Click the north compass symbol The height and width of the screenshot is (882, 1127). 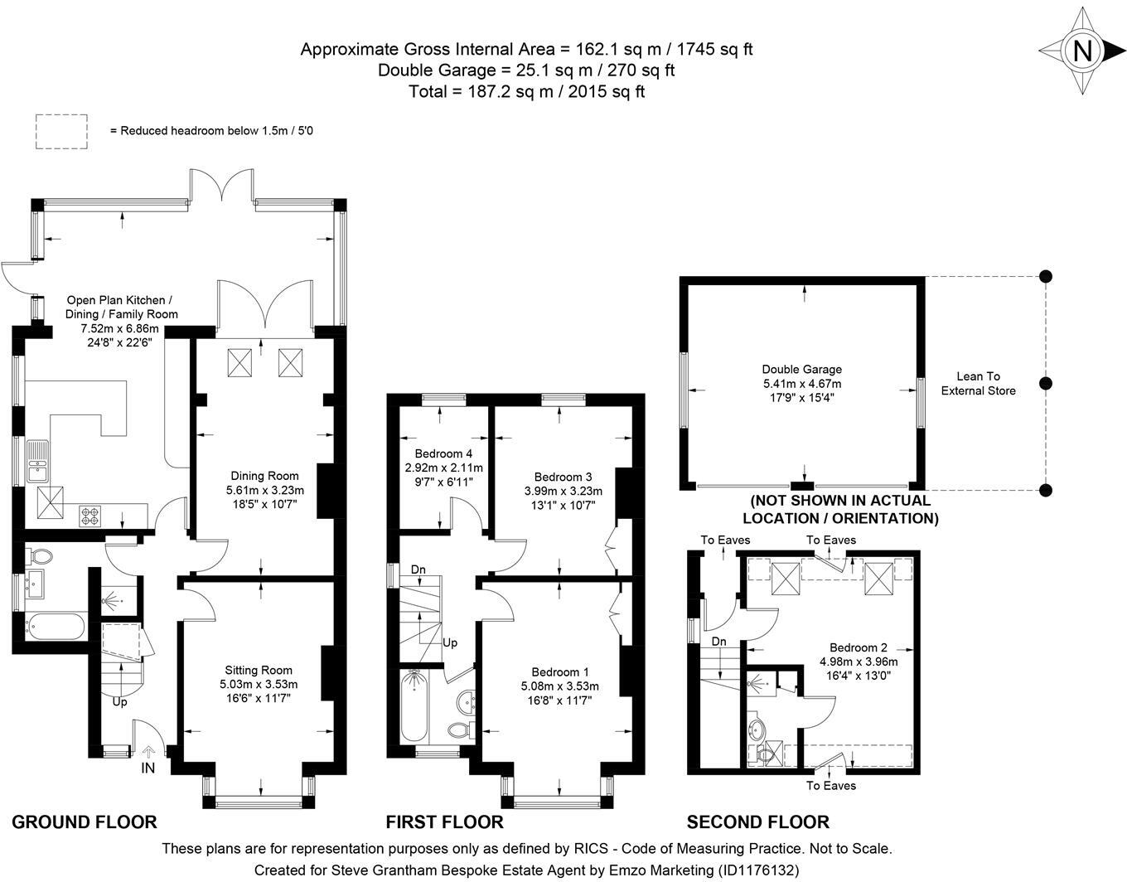(x=1081, y=51)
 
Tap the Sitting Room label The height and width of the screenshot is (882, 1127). (x=259, y=671)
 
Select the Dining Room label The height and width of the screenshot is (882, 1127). (x=264, y=476)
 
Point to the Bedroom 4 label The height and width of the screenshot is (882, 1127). (x=443, y=454)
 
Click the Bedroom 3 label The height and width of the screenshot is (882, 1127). (x=563, y=477)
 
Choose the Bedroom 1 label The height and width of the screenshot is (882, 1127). (x=560, y=672)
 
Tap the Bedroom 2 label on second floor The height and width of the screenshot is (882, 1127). (x=859, y=647)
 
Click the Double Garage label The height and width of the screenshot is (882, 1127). (x=801, y=370)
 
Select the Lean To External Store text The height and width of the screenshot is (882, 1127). (x=978, y=383)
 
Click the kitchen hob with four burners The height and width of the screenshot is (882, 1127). (x=89, y=516)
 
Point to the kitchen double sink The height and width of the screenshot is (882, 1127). (x=38, y=462)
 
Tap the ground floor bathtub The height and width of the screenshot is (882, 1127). (x=55, y=627)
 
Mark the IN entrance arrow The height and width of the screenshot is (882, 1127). (x=148, y=753)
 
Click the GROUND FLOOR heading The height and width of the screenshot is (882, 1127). (x=85, y=822)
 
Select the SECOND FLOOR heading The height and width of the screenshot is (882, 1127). (x=757, y=822)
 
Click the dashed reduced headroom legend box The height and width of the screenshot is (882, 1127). (x=62, y=132)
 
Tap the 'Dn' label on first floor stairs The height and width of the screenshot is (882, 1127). (x=418, y=570)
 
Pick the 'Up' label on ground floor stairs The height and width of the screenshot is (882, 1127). (x=120, y=702)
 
